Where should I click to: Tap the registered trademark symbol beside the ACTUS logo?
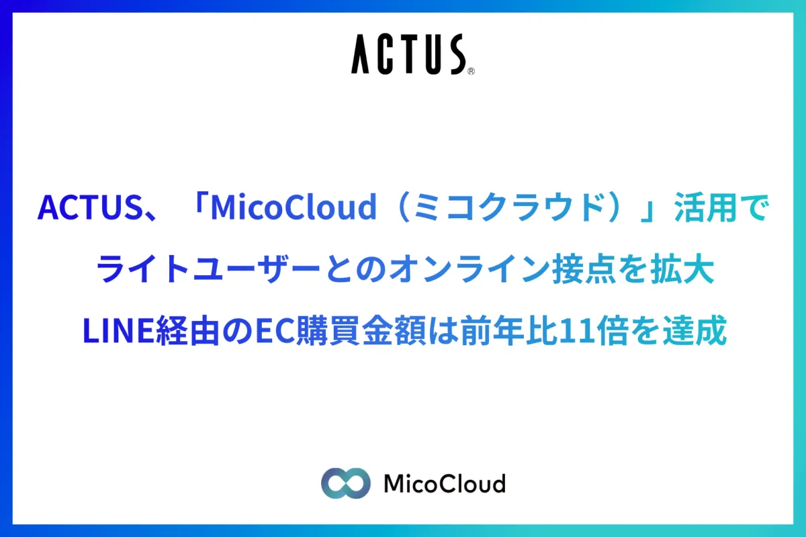(471, 71)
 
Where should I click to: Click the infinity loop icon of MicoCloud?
(346, 483)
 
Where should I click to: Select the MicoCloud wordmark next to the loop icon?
(445, 483)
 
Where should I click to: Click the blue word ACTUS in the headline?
(90, 207)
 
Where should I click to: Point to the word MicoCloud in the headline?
(294, 207)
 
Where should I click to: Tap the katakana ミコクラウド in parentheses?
(515, 207)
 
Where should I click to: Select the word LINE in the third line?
(118, 330)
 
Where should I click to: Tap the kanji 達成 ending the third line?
(695, 330)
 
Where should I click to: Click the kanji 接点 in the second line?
(584, 268)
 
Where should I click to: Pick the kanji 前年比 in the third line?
(510, 330)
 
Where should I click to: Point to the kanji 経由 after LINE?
(188, 330)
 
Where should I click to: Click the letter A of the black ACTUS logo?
(360, 54)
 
